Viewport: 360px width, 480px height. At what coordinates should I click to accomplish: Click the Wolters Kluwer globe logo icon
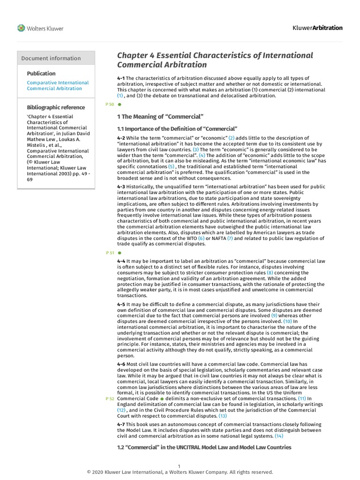(21, 28)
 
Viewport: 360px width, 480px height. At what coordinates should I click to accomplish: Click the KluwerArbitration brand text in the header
(317, 28)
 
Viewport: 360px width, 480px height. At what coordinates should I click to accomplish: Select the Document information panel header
(51, 58)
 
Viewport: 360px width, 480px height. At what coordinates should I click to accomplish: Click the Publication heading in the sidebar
(41, 74)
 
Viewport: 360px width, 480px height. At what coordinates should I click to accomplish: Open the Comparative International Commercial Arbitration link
(58, 85)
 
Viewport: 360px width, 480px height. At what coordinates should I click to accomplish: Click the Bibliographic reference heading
(56, 107)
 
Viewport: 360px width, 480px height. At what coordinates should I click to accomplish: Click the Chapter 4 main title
(215, 60)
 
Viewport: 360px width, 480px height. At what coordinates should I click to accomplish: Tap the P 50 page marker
(111, 105)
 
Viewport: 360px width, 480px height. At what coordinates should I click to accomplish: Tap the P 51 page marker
(111, 253)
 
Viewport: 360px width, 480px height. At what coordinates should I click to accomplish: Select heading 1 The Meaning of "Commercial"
(160, 116)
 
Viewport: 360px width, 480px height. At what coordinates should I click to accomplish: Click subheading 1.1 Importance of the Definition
(177, 128)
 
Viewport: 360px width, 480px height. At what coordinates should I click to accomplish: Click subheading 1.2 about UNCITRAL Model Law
(204, 447)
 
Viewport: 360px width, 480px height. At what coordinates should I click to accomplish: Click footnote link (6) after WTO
(202, 239)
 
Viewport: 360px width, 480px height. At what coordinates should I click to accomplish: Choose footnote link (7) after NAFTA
(230, 239)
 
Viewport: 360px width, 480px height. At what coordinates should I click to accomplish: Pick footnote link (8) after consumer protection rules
(270, 273)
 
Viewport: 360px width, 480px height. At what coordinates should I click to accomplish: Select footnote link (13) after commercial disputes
(222, 416)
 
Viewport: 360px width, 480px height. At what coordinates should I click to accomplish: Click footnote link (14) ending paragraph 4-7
(278, 436)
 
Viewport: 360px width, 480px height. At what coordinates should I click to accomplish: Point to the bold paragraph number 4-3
(121, 187)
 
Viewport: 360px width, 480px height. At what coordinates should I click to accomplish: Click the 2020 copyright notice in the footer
(180, 472)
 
